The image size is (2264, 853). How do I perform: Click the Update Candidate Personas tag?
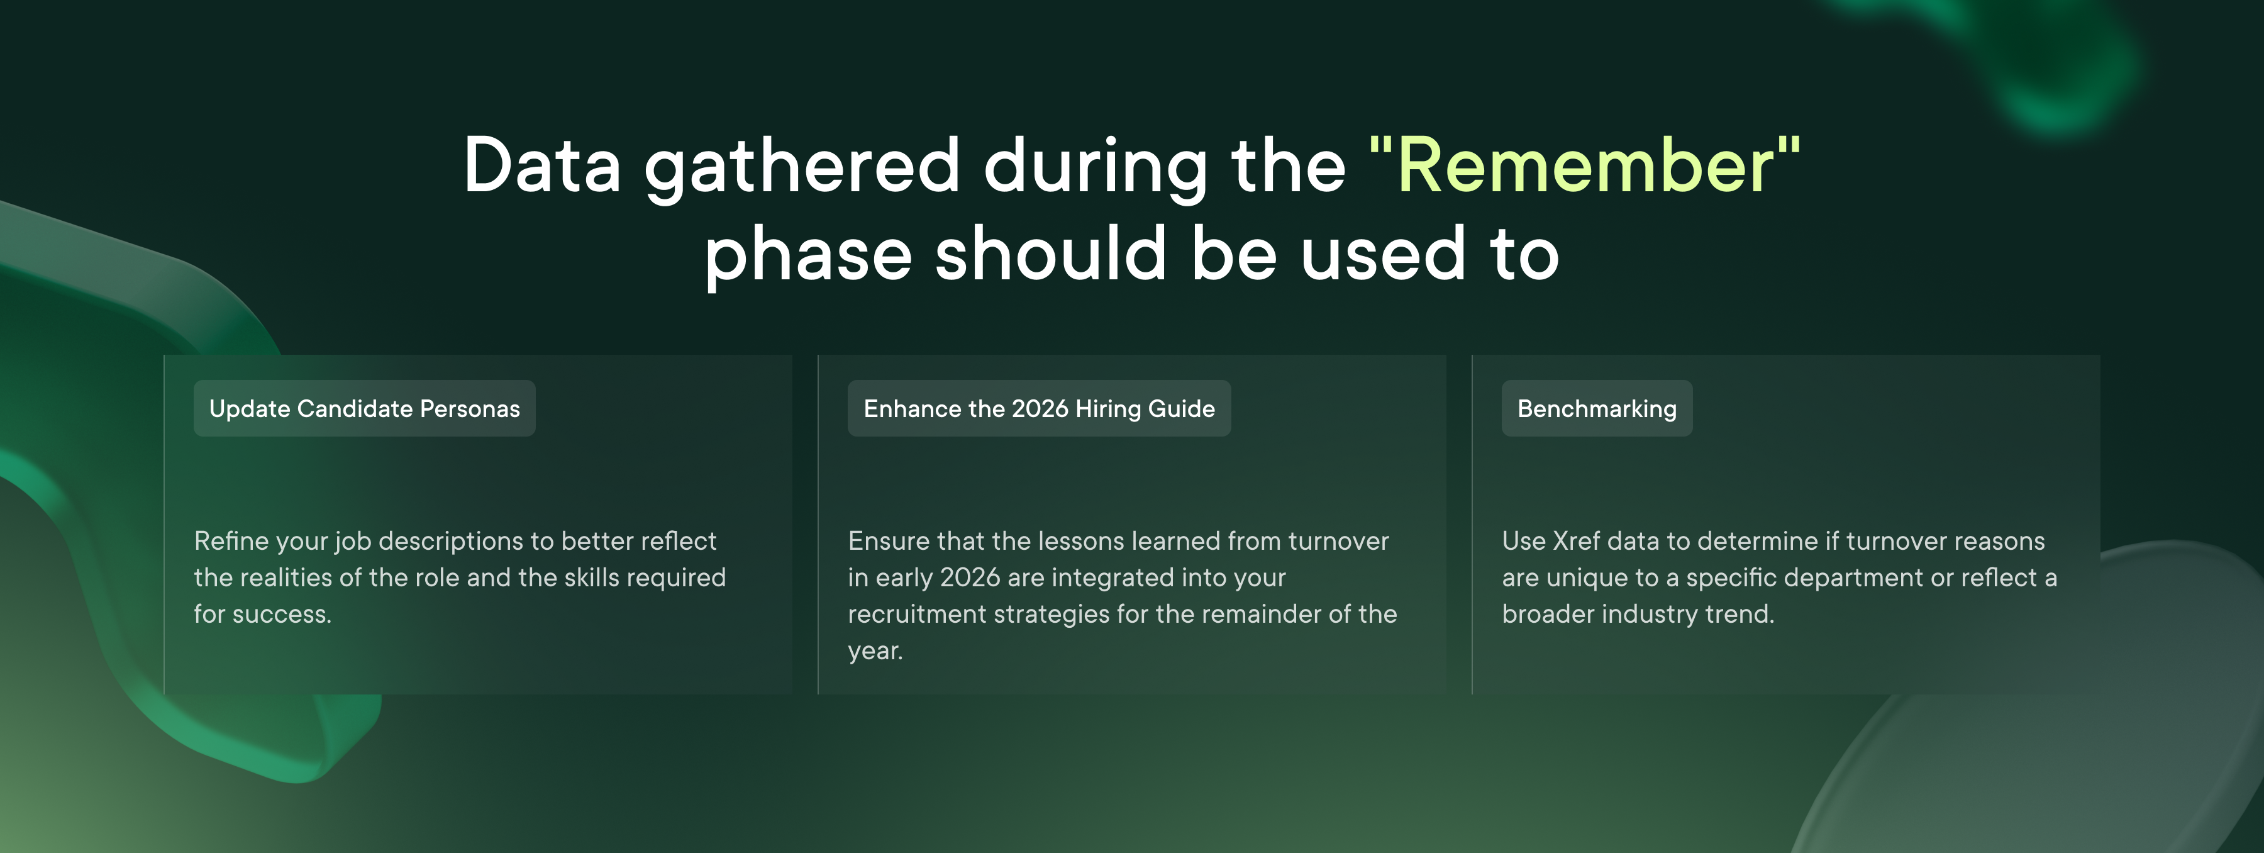click(x=365, y=408)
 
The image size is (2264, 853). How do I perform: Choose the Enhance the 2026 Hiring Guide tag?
click(x=1039, y=408)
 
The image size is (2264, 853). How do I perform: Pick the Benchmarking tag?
click(x=1597, y=408)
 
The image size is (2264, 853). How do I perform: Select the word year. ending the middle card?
click(x=875, y=650)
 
